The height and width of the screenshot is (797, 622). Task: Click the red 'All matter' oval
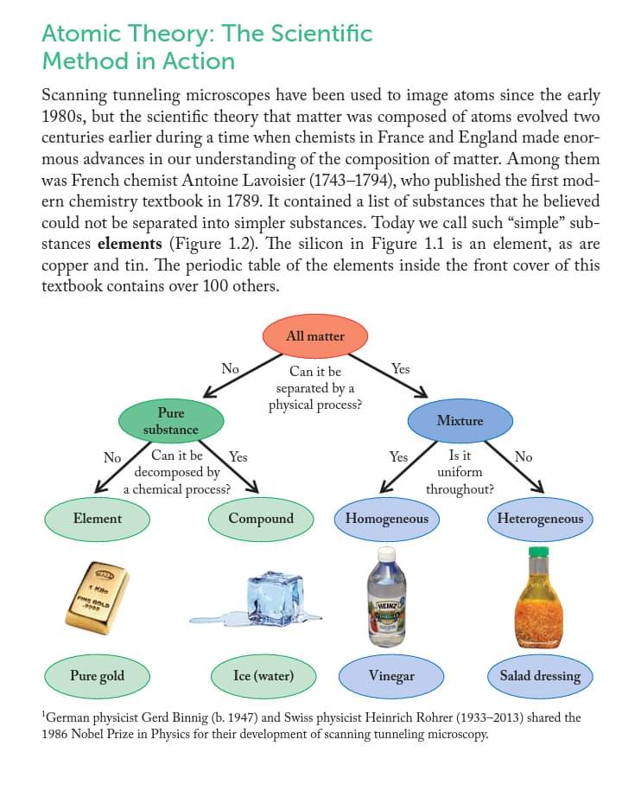(x=315, y=335)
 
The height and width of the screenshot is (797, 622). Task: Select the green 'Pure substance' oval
(x=170, y=421)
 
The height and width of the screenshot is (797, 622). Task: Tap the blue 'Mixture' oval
(x=460, y=421)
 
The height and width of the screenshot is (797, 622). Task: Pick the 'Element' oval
(x=98, y=519)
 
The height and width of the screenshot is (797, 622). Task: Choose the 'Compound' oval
(x=261, y=519)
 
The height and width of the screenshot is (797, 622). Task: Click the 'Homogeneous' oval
(x=386, y=519)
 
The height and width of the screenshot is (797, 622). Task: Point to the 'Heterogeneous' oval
(x=540, y=519)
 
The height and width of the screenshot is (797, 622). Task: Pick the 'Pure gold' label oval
(x=97, y=675)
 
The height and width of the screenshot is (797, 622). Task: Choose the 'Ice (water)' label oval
(x=263, y=675)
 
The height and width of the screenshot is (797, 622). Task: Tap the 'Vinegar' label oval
(x=391, y=675)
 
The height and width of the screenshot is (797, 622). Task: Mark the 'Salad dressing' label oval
(x=540, y=675)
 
